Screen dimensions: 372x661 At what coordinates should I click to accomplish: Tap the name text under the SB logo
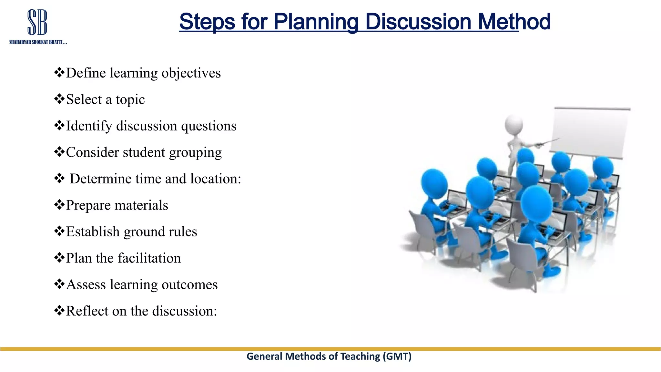(38, 42)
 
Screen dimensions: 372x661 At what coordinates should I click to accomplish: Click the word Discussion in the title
(418, 22)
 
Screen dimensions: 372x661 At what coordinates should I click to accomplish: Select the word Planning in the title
(316, 22)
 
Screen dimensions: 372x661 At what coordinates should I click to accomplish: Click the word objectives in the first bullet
(191, 73)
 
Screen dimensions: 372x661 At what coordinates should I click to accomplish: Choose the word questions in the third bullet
(208, 126)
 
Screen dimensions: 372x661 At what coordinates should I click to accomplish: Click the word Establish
(93, 232)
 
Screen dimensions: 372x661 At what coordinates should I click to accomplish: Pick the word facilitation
(149, 258)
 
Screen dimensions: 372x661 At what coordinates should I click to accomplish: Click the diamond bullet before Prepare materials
(59, 205)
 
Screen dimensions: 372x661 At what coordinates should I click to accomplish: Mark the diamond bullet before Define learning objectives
(59, 72)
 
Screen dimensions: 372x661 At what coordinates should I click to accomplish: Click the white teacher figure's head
(514, 124)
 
